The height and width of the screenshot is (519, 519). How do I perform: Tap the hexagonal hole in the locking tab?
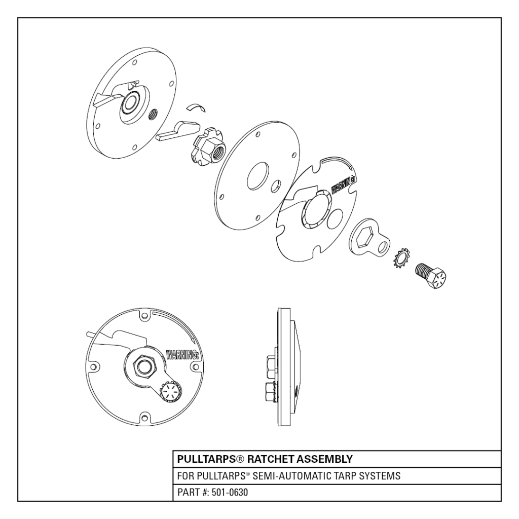(366, 235)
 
